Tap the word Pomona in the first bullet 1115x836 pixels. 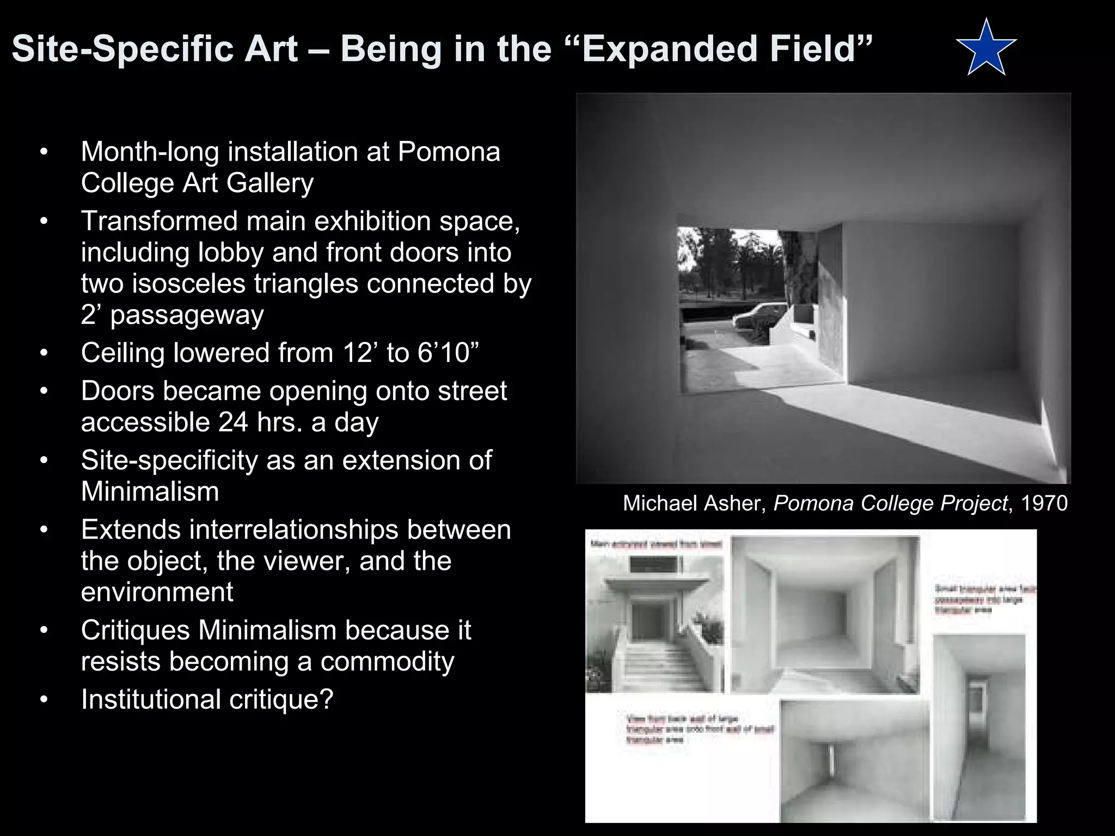449,151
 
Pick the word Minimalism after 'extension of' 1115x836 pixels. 150,491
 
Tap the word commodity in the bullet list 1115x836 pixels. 387,662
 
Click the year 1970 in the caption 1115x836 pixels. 1044,503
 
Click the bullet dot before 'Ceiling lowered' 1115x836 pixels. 44,353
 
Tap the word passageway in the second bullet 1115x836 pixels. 187,315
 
